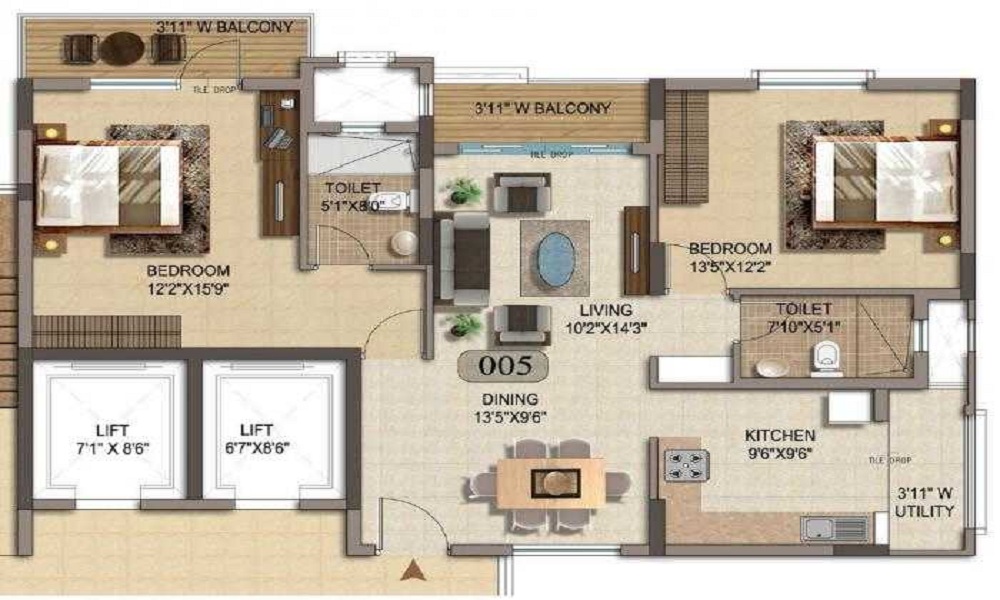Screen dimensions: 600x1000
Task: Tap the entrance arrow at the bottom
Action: pyautogui.click(x=411, y=572)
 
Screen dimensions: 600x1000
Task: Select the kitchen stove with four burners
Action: pyautogui.click(x=687, y=465)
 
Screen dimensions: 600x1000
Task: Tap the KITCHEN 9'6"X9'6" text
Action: pyautogui.click(x=779, y=444)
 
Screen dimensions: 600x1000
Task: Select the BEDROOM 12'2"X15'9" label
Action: pyautogui.click(x=188, y=279)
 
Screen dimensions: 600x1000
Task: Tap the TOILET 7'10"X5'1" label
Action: pyautogui.click(x=795, y=319)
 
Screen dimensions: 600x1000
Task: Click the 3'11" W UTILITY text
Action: pyautogui.click(x=925, y=502)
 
